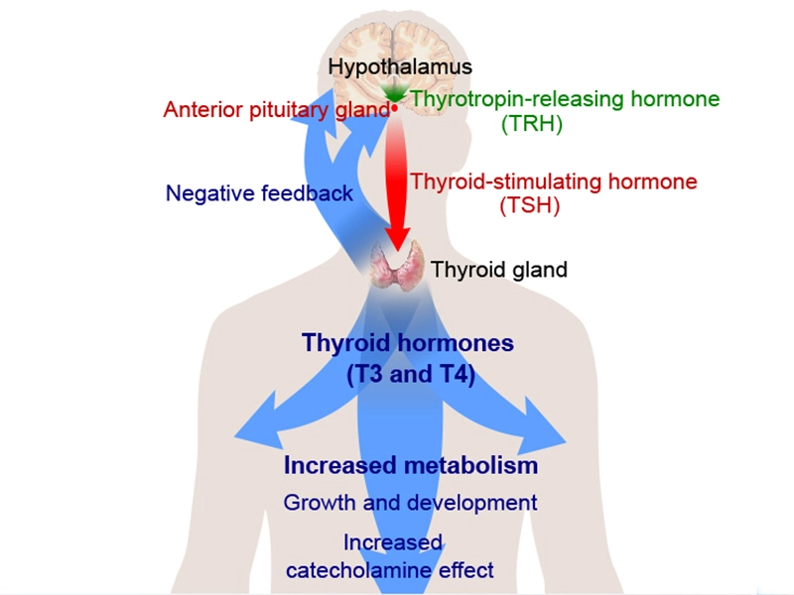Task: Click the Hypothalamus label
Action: pos(400,67)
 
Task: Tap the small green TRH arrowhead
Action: pos(394,93)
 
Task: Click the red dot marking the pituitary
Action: pos(394,108)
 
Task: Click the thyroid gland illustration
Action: pos(397,263)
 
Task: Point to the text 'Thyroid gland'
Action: pos(499,270)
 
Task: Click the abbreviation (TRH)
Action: pos(532,123)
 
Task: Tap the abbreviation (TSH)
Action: pos(530,205)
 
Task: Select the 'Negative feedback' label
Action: pos(259,193)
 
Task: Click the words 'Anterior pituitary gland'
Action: pos(277,110)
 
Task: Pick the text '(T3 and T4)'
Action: pos(411,375)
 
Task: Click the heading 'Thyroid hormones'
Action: pos(408,343)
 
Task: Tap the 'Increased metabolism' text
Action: pos(411,465)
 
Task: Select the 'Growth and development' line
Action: pos(410,503)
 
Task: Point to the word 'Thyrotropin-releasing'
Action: pos(517,99)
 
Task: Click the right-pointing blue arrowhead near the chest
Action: pos(540,426)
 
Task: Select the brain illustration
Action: pos(395,68)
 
